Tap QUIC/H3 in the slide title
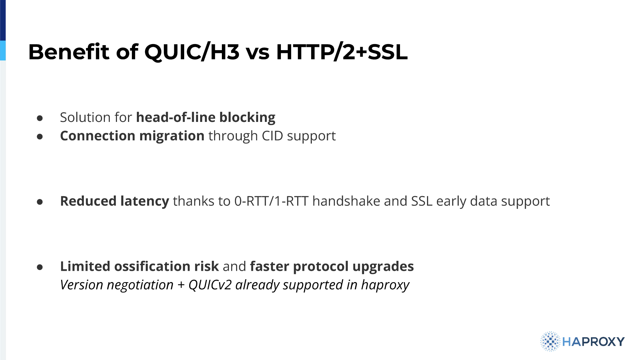(192, 52)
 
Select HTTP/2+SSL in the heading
(342, 52)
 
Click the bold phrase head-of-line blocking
(206, 118)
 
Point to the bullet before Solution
(40, 118)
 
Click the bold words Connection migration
(132, 136)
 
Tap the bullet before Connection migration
(40, 136)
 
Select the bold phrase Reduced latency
(114, 202)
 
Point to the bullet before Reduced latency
(40, 202)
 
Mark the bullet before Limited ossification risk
(40, 267)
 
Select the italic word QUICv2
(210, 285)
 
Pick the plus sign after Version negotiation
(181, 285)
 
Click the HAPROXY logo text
(593, 342)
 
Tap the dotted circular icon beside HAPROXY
(550, 342)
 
